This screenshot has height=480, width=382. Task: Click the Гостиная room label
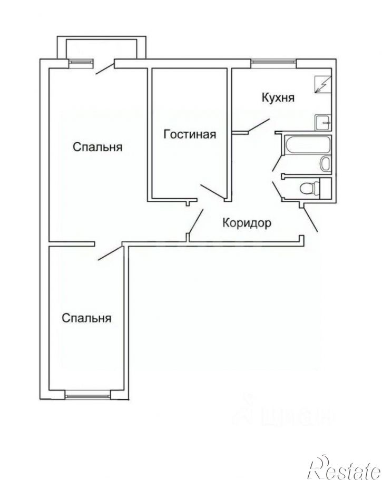pos(190,134)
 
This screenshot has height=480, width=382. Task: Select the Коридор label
pos(247,223)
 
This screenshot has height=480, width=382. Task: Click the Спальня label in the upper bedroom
pos(97,147)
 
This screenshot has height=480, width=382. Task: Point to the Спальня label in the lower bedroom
pos(86,318)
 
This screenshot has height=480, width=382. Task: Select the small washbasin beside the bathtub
pos(326,163)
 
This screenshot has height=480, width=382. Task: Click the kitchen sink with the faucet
pos(322,123)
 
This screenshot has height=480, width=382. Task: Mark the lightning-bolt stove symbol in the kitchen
pos(321,84)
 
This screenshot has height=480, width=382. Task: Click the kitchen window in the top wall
pos(273,63)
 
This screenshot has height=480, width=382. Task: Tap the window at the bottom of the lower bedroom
pos(87,394)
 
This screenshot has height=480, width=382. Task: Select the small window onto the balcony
pos(80,63)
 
